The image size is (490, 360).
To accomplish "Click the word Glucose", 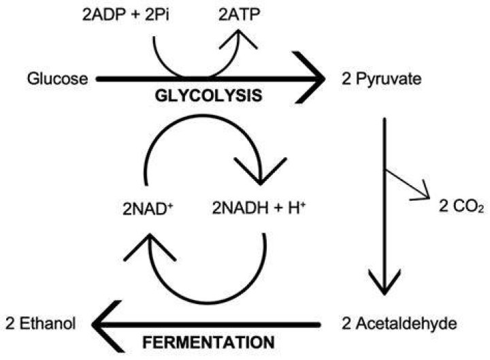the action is pos(57,79).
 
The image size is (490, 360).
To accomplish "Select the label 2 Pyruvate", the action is pos(382,79).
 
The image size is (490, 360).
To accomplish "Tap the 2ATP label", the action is pos(240,15).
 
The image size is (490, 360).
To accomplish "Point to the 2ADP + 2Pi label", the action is pos(126,15).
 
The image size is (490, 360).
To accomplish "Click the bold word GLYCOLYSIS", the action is pos(208,96).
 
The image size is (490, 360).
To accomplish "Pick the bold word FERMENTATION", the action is pos(208,342).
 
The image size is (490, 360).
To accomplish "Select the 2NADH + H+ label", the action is pos(259,208).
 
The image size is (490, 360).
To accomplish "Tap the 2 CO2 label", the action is pos(461,207).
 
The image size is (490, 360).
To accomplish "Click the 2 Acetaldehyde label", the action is pos(399,324).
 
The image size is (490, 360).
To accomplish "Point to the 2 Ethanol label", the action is pos(41,324).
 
